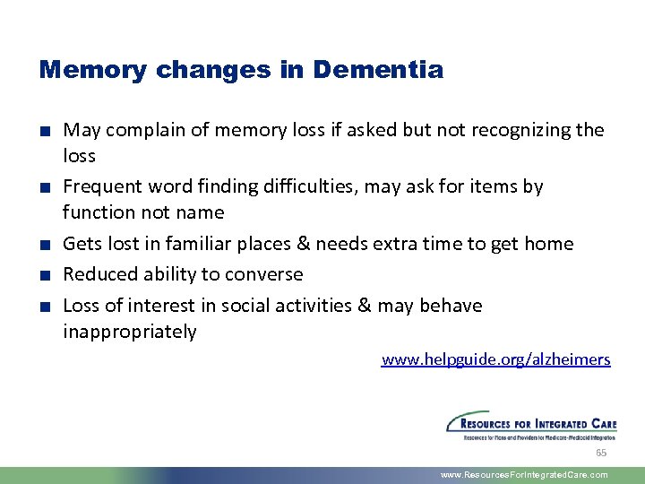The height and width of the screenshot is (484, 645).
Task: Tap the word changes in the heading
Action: click(202, 69)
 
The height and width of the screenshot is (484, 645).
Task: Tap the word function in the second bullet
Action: click(98, 212)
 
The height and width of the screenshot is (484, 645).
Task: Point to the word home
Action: click(548, 244)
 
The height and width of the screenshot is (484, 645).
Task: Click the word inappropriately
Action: click(129, 332)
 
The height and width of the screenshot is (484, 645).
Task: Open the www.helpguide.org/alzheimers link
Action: click(495, 359)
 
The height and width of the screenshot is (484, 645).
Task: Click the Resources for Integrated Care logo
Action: click(531, 425)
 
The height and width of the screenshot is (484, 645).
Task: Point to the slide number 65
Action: click(601, 453)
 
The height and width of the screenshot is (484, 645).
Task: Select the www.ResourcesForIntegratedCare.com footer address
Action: click(524, 475)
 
